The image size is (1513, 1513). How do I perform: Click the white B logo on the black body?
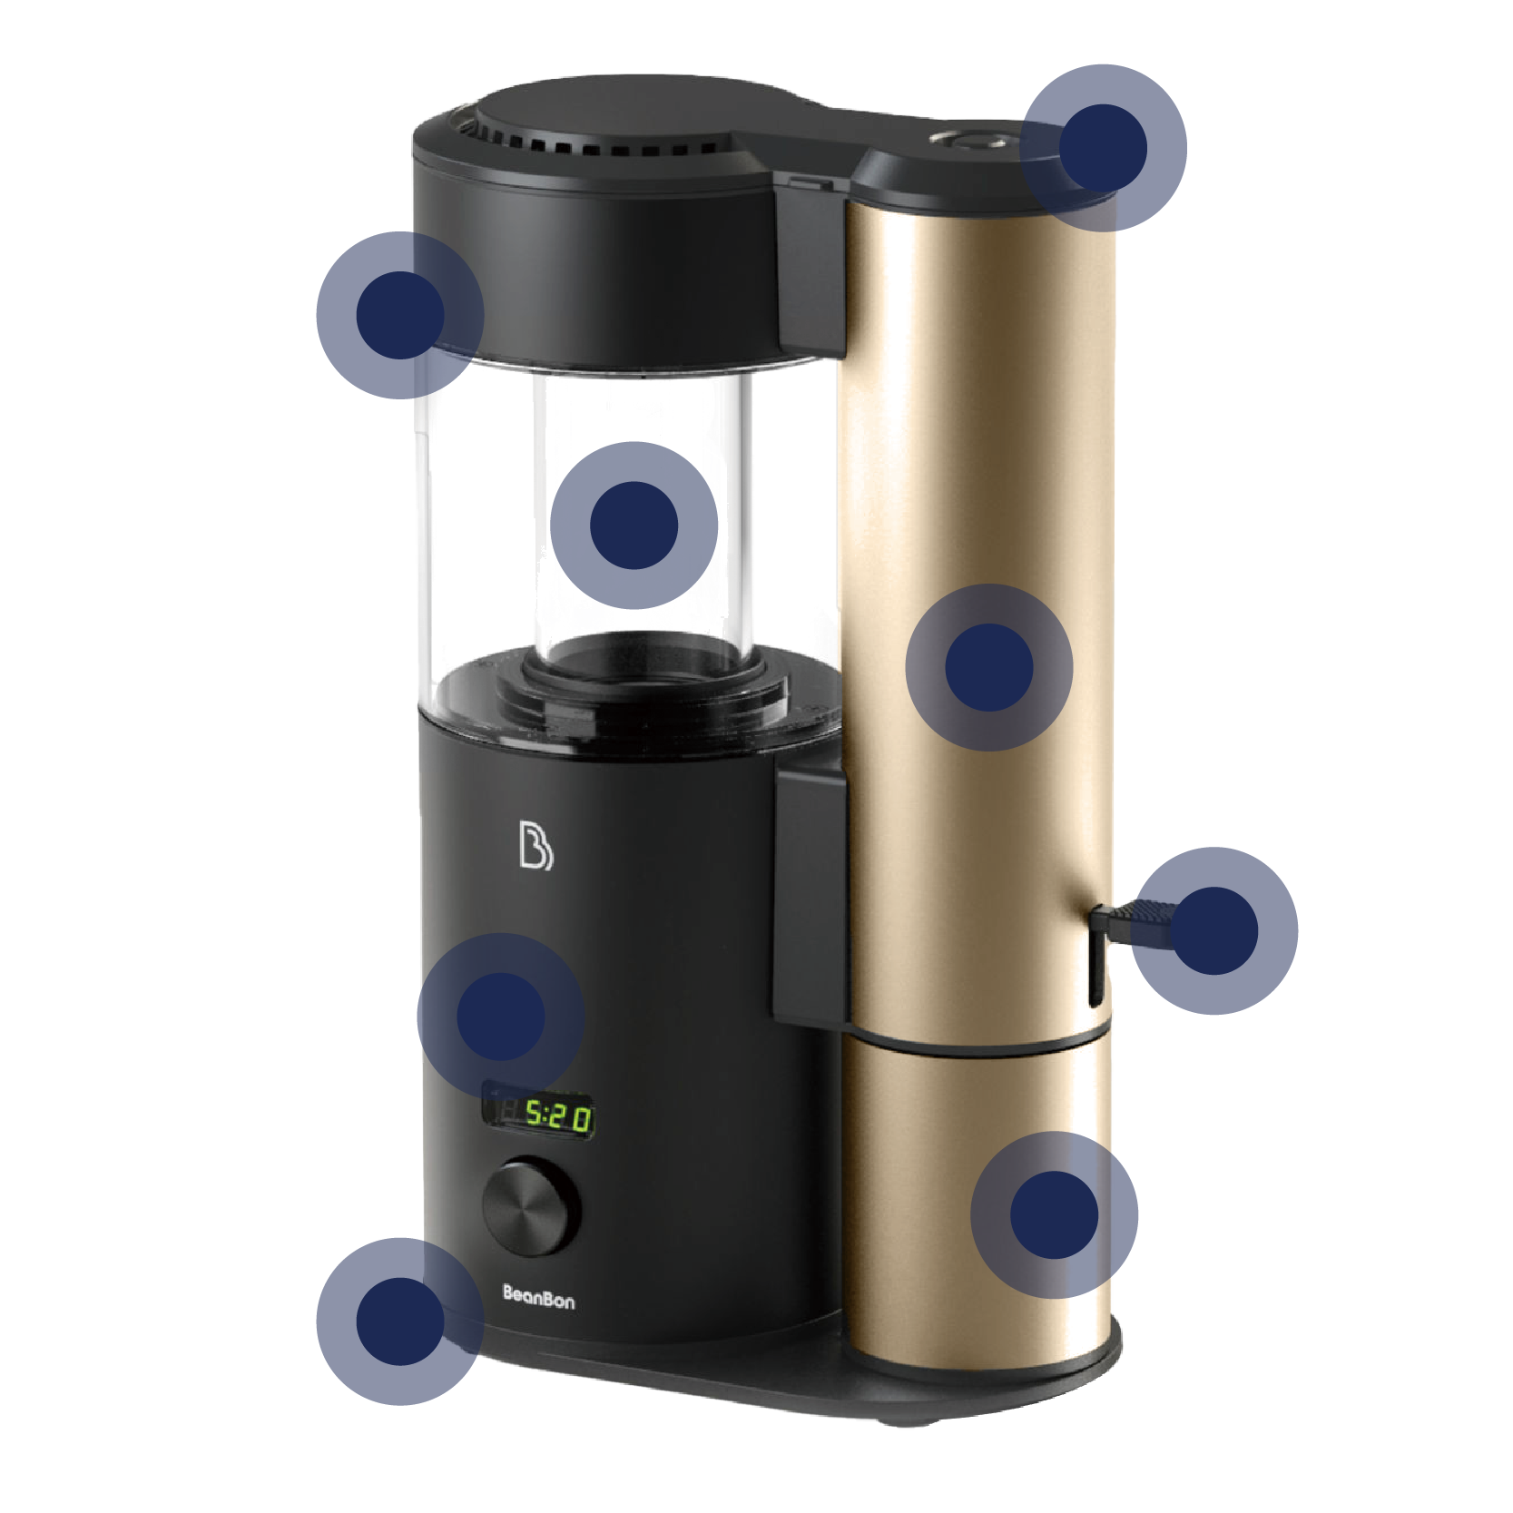point(535,845)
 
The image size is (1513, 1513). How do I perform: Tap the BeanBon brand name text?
point(538,1298)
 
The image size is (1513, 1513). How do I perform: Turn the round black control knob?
point(531,1206)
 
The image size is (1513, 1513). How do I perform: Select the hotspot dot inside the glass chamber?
point(634,526)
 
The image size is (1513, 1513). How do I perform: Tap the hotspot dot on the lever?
point(1214,931)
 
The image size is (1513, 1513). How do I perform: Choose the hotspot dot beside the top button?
point(1104,148)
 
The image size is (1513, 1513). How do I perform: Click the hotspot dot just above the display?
point(501,1017)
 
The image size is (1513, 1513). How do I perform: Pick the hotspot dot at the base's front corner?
point(400,1321)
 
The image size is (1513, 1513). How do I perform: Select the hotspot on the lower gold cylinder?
point(1055,1215)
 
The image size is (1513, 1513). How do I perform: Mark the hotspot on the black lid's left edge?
point(400,315)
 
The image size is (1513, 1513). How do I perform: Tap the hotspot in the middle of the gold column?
point(989,667)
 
